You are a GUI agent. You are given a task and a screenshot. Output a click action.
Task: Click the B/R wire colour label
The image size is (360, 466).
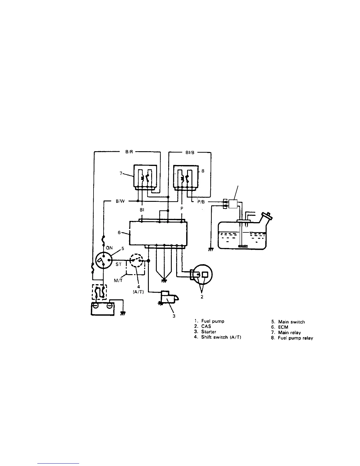click(x=129, y=152)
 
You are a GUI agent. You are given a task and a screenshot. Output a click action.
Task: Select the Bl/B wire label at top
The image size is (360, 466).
click(x=190, y=153)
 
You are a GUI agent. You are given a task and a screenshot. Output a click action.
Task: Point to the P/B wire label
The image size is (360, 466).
click(x=202, y=202)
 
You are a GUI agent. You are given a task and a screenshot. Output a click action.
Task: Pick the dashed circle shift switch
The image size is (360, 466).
click(x=136, y=261)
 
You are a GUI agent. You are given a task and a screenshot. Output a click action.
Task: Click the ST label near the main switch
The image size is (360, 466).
click(x=118, y=264)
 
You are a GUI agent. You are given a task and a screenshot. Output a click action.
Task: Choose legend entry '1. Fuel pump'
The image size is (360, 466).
click(x=209, y=321)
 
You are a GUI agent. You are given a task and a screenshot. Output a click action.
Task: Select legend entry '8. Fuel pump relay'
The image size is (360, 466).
click(x=292, y=338)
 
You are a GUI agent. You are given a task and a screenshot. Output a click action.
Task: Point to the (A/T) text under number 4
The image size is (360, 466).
click(x=136, y=294)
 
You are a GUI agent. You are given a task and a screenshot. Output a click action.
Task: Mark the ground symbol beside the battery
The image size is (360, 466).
click(x=123, y=314)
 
